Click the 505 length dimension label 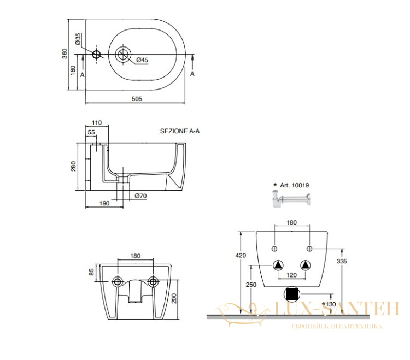[137, 99]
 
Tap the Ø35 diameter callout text [78, 39]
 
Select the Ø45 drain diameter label [142, 60]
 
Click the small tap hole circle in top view [96, 54]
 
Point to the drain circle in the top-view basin [123, 54]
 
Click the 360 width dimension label [65, 54]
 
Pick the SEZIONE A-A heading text [180, 131]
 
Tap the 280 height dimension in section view [73, 166]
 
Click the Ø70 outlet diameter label [140, 196]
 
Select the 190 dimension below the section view [104, 203]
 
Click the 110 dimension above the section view [97, 122]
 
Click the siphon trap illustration [291, 199]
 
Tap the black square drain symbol [292, 294]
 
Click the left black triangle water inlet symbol [278, 265]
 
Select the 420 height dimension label [241, 255]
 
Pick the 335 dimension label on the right [342, 261]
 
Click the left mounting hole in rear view [117, 282]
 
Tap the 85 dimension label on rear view [91, 272]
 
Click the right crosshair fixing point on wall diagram [309, 249]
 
